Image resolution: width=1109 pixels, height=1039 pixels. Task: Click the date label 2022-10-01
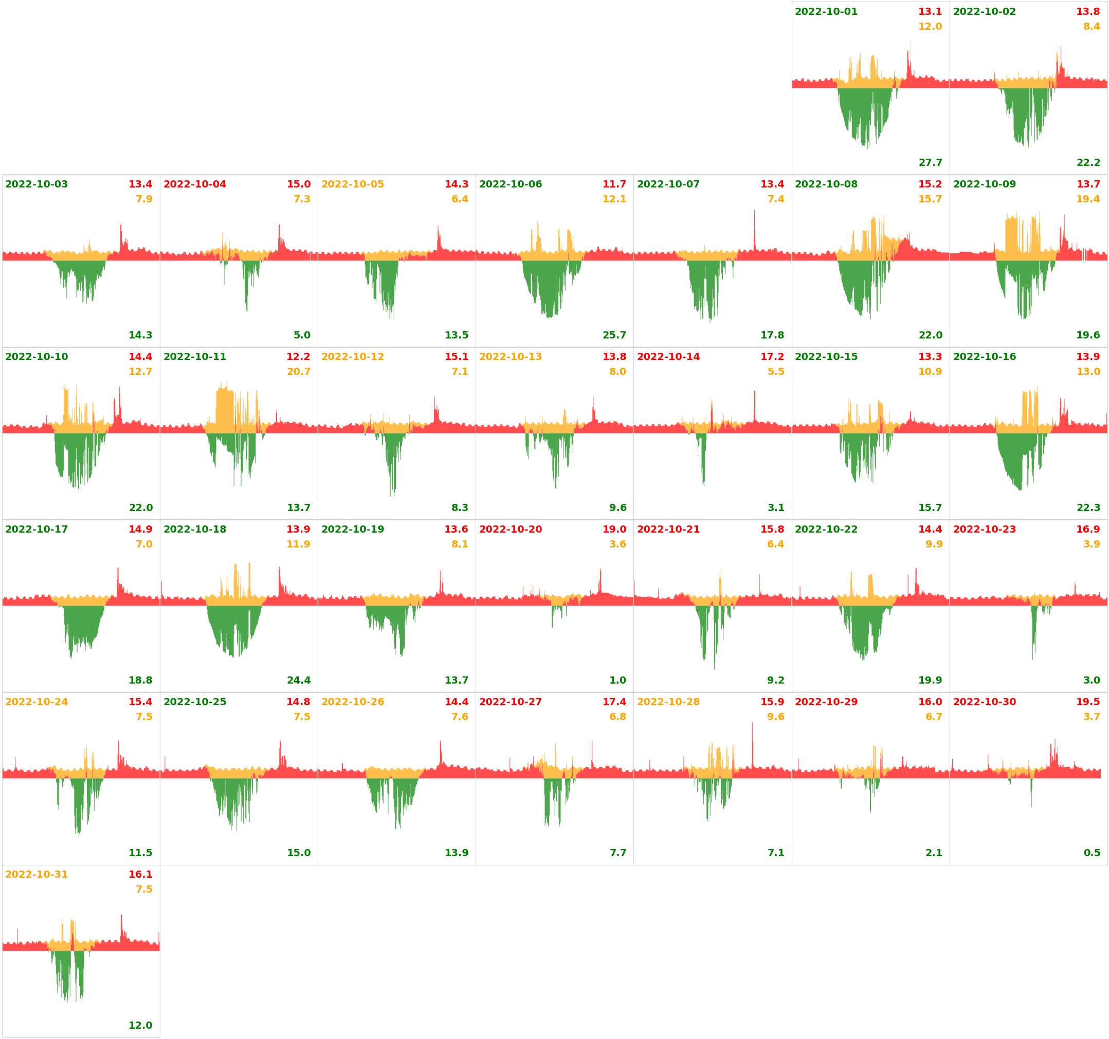826,12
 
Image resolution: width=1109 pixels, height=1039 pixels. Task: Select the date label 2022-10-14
668,357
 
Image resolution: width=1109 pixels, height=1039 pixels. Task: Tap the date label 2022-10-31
37,874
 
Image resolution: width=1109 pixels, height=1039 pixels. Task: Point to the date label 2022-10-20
510,529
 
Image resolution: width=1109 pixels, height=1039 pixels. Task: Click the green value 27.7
930,163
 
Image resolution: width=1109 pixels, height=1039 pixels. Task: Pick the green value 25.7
614,335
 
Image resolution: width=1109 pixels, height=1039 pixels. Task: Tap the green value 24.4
298,680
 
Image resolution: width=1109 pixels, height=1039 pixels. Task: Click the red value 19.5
1088,702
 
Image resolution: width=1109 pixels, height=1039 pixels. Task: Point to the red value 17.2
772,357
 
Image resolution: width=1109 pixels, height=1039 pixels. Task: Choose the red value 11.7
614,184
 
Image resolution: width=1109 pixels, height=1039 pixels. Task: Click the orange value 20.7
298,372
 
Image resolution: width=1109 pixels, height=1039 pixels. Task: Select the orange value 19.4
1088,199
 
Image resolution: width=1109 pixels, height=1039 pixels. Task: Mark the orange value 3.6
617,544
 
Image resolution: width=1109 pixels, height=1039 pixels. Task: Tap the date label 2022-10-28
668,702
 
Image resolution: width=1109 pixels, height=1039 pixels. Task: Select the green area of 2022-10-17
81,625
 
